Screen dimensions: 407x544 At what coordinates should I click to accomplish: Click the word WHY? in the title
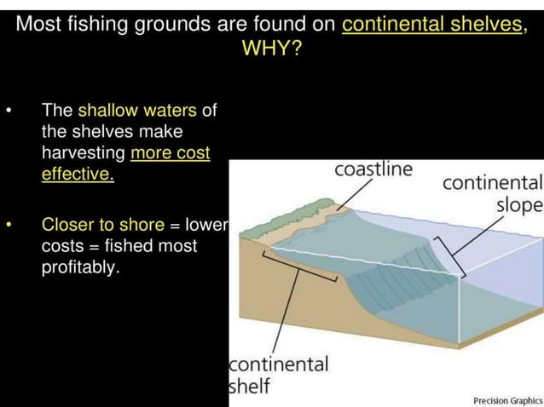pos(272,48)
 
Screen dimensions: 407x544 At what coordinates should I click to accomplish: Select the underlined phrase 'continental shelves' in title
pos(433,24)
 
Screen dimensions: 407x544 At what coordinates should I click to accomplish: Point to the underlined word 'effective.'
pos(77,175)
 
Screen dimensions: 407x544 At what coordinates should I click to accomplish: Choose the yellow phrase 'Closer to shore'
pos(103,225)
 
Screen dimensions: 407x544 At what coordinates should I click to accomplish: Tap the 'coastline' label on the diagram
pos(373,169)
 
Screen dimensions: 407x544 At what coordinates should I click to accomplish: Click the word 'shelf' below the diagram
pos(250,386)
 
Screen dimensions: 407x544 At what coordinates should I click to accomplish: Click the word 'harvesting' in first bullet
pos(84,153)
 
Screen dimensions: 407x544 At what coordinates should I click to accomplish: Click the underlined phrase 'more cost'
pos(171,153)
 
